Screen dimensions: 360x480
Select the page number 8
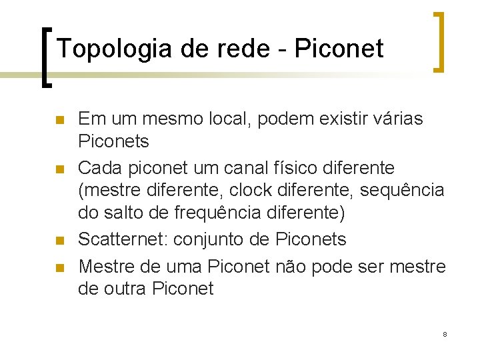[445, 333]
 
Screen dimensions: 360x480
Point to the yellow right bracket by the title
[439, 41]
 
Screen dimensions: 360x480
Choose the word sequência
[402, 191]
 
